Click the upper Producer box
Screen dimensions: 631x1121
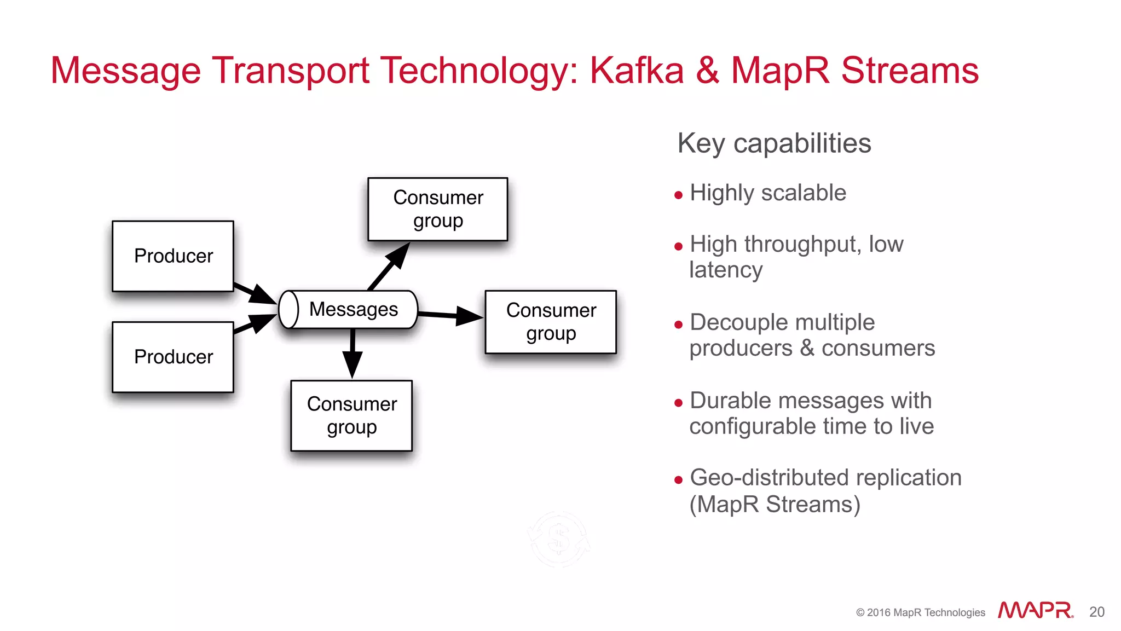point(173,256)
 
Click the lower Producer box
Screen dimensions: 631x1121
point(173,357)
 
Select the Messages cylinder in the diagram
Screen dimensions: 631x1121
point(349,310)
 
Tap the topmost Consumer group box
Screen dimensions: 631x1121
point(438,209)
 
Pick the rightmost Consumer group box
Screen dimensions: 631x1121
point(551,322)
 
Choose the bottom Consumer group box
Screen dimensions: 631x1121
point(351,416)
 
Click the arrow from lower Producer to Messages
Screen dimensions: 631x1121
point(254,324)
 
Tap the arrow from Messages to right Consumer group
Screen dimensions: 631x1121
point(450,315)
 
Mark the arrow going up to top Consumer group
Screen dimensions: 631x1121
point(389,267)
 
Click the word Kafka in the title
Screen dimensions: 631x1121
point(637,71)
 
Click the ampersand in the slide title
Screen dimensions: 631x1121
point(707,71)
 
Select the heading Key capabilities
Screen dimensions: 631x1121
point(774,143)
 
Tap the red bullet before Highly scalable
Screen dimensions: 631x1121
point(679,195)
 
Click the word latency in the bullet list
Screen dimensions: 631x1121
point(726,270)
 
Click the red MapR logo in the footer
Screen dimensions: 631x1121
point(1035,610)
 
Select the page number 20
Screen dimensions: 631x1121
point(1097,612)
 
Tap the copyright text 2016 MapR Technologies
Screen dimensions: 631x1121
point(921,612)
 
